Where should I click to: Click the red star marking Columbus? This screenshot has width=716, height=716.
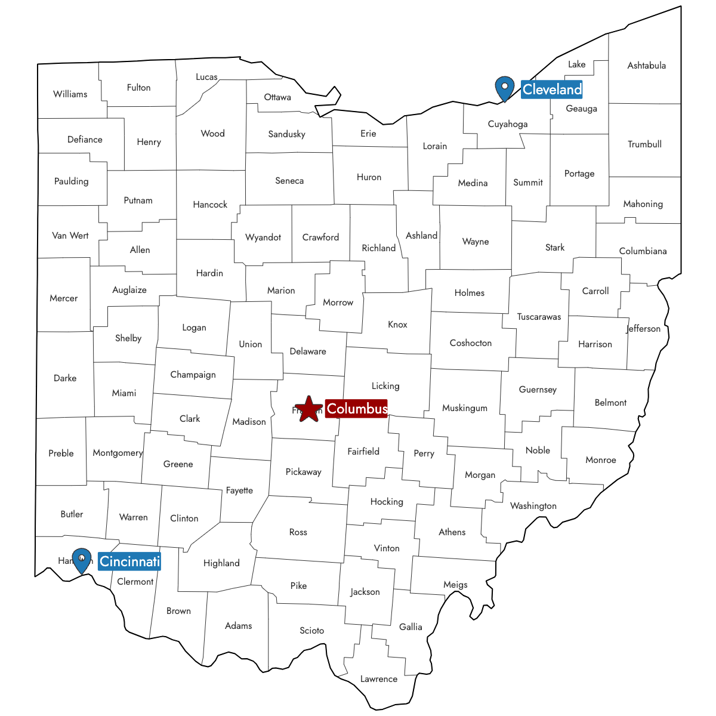click(308, 409)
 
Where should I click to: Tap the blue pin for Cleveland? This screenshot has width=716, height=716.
click(505, 88)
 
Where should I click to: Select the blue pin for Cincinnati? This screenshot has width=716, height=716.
click(81, 560)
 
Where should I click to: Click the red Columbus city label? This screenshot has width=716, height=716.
click(357, 409)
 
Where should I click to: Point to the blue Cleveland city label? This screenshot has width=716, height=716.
click(552, 89)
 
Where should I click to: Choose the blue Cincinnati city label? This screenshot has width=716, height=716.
click(129, 561)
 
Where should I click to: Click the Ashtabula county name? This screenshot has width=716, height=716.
click(646, 66)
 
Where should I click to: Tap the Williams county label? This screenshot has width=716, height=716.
click(70, 94)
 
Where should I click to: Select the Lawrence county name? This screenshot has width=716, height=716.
click(378, 679)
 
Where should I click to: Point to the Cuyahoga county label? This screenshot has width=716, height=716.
click(508, 124)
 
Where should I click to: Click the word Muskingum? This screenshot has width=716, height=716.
click(465, 408)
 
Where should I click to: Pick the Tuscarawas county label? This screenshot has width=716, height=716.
click(539, 317)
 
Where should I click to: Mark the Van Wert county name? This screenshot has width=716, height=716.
click(70, 236)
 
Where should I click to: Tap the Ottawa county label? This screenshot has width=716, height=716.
click(277, 97)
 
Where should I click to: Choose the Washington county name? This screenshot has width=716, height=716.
click(533, 506)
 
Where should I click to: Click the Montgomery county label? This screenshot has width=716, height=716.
click(118, 453)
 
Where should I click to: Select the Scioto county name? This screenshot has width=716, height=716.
click(311, 631)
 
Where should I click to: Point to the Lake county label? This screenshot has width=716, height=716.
click(576, 64)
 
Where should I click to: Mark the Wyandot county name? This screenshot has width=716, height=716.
click(263, 237)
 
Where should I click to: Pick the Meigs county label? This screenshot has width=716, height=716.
click(455, 585)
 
